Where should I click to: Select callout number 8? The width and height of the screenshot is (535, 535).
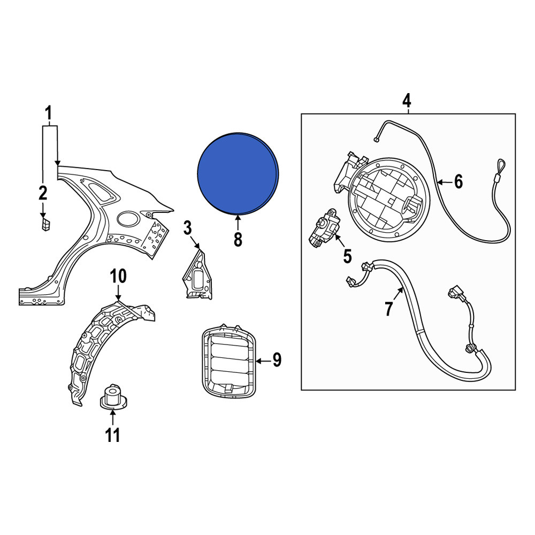tap(238, 239)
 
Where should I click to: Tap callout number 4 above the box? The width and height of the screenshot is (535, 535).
tap(407, 101)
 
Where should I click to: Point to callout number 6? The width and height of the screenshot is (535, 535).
tap(458, 181)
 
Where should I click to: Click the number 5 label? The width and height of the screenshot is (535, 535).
tap(347, 257)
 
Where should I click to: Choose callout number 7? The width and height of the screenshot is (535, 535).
tap(388, 309)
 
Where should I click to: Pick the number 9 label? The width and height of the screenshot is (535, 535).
tap(277, 360)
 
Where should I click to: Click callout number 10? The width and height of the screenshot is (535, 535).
tap(118, 277)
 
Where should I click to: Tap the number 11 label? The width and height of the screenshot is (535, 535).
tap(112, 435)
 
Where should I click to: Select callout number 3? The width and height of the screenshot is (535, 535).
tap(188, 228)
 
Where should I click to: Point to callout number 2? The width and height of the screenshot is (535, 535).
tap(43, 193)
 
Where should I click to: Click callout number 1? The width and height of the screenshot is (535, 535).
tap(49, 113)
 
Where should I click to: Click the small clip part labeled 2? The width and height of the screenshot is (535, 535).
tap(45, 225)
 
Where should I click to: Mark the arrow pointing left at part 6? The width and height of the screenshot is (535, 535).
tap(445, 182)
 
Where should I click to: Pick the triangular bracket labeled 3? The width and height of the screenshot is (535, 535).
tap(197, 274)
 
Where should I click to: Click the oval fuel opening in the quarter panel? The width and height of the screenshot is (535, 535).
tap(128, 218)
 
